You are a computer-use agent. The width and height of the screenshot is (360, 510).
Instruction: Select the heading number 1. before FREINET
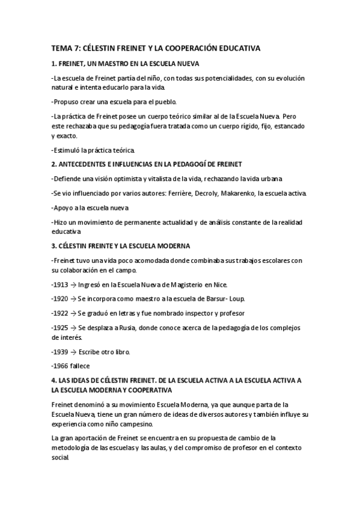[x=54, y=63]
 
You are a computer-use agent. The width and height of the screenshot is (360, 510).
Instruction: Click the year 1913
[x=62, y=284]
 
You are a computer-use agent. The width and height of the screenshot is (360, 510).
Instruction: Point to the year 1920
[x=62, y=299]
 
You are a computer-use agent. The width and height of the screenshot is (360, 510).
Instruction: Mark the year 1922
[x=62, y=313]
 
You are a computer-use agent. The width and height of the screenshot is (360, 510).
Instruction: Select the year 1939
[x=62, y=351]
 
